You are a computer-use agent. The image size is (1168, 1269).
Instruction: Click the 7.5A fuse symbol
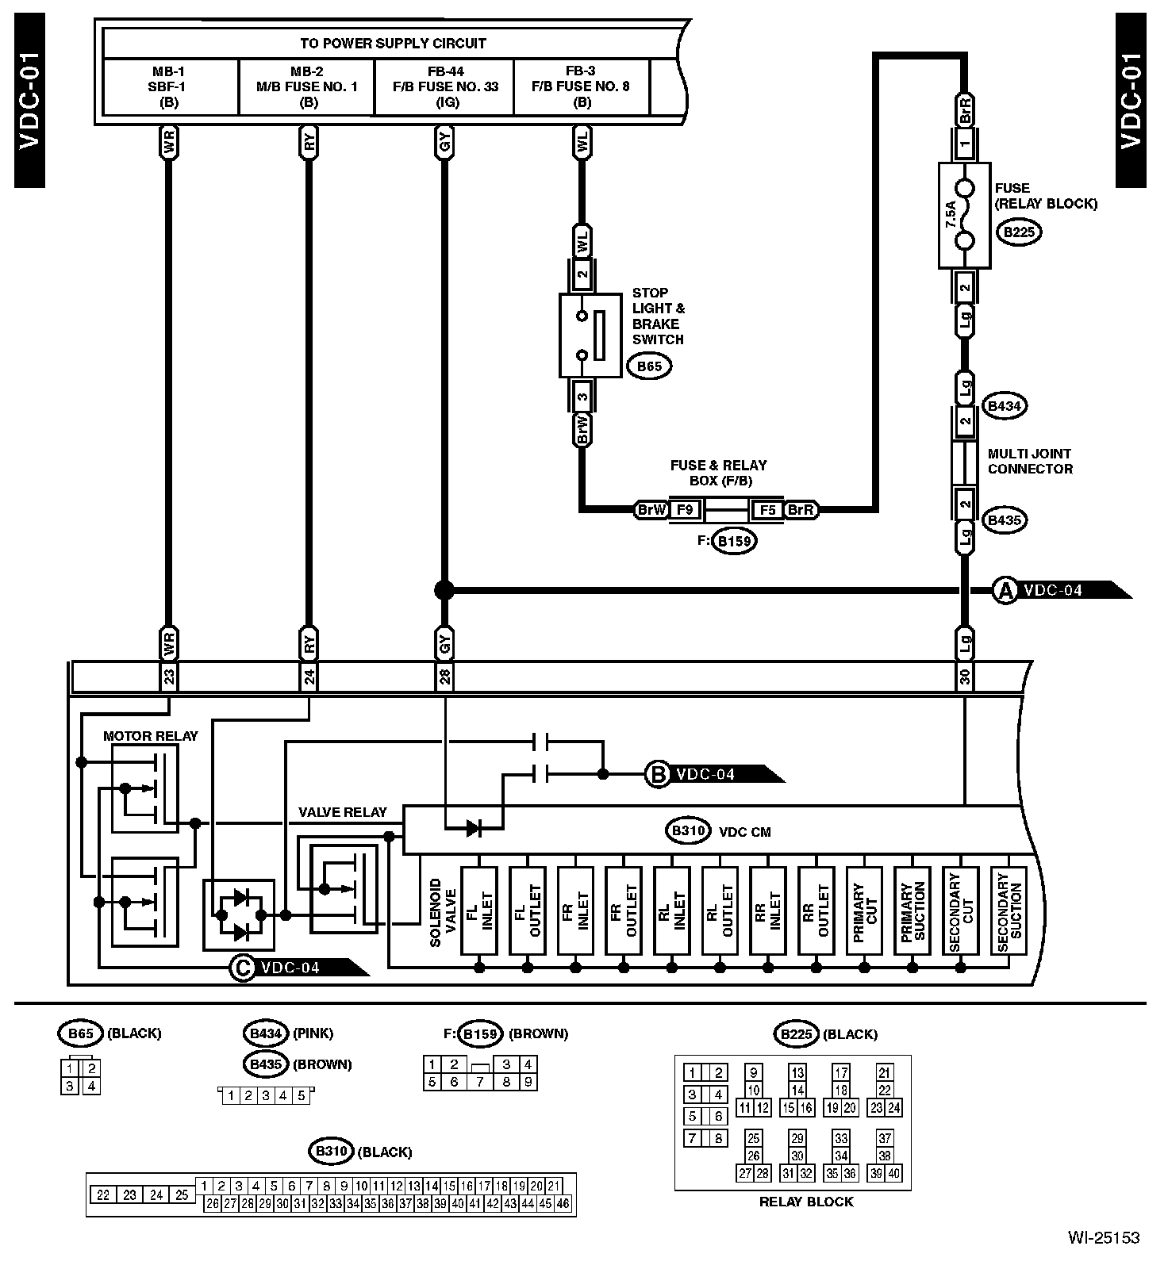964,215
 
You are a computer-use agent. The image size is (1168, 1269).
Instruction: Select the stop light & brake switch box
590,335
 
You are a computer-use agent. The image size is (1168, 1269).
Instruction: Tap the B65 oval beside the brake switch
648,366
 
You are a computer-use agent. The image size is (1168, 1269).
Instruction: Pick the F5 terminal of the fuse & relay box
767,509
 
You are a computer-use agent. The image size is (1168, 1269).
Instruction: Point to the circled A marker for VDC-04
1005,590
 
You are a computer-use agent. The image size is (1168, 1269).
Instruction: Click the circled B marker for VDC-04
658,774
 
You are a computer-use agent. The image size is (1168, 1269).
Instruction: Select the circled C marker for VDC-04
240,968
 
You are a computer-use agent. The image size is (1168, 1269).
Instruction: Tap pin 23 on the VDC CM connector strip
168,677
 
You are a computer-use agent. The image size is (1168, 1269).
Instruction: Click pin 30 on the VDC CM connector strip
965,677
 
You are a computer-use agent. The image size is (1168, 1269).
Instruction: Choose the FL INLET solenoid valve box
479,911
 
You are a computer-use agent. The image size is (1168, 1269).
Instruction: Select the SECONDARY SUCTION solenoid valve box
1009,911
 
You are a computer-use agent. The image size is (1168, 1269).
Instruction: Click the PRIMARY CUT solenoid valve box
864,911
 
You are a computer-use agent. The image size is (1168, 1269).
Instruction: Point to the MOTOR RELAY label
151,736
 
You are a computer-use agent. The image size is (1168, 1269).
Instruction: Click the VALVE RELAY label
342,812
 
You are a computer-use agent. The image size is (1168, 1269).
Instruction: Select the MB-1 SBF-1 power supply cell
169,86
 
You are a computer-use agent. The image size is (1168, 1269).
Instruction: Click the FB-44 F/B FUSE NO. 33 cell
445,86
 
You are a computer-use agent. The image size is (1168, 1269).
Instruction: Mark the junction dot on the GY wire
444,590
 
